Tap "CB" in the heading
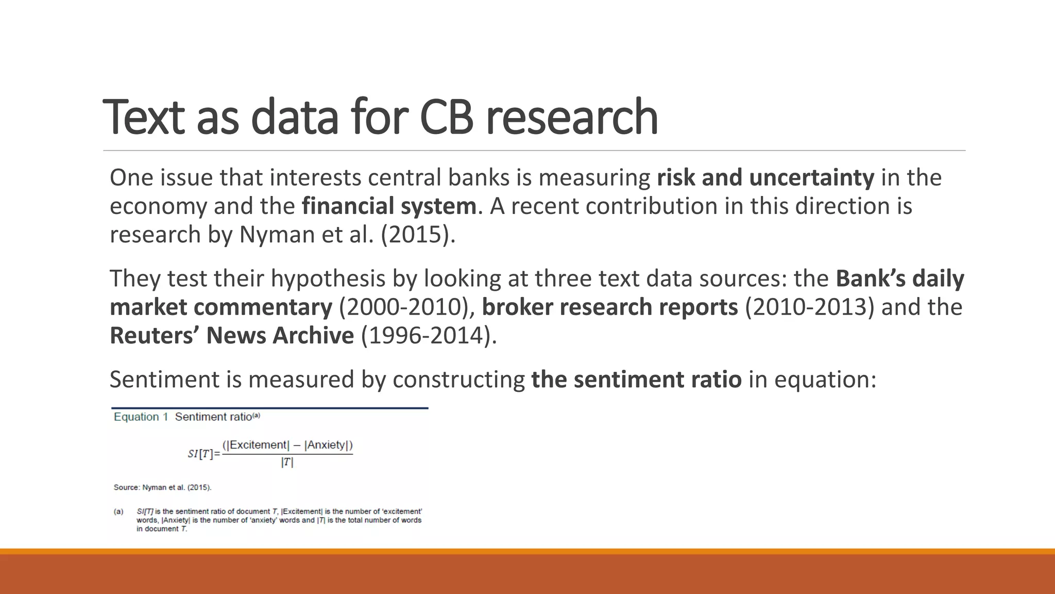[446, 118]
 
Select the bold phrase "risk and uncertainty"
[765, 178]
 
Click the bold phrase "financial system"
[389, 206]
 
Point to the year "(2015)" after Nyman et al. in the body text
[418, 235]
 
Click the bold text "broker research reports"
[610, 307]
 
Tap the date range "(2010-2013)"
[809, 307]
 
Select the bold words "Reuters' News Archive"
[232, 336]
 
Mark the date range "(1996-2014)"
[429, 336]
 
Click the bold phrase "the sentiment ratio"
[636, 379]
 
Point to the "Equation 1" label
[141, 417]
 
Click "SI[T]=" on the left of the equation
[203, 454]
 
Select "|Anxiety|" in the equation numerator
[327, 445]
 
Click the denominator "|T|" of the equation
[287, 463]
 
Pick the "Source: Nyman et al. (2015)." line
[162, 487]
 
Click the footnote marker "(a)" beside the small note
[118, 511]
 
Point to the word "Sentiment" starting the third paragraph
[164, 379]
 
